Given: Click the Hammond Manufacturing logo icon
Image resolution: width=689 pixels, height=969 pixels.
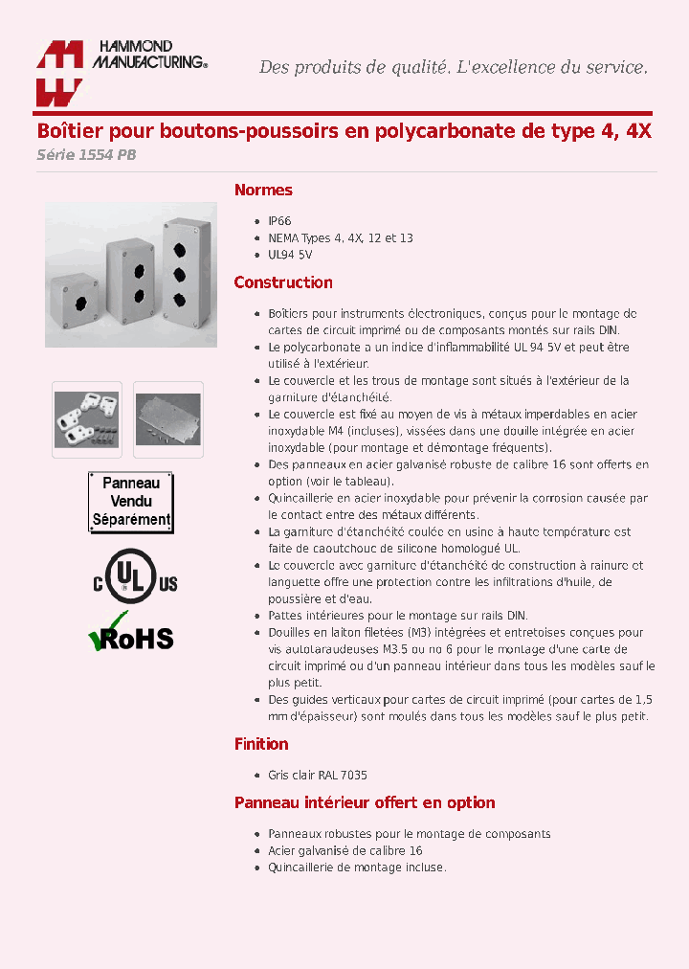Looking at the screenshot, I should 59,74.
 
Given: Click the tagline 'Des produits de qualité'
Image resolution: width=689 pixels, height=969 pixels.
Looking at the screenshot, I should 354,67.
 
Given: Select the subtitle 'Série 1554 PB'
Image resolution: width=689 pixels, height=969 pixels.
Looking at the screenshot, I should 86,155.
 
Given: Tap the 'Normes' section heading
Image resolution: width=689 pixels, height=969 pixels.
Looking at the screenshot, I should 263,191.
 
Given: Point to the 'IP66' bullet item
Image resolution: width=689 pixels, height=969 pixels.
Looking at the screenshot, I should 278,220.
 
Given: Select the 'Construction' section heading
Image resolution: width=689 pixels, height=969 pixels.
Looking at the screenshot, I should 283,282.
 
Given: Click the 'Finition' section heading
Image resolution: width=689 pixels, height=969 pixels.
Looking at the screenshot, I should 261,744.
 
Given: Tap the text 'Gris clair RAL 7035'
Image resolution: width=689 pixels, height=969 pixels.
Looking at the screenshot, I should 317,776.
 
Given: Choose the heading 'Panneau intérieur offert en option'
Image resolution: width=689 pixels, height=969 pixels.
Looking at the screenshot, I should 365,802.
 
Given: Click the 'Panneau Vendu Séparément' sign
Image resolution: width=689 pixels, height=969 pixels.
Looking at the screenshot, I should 131,502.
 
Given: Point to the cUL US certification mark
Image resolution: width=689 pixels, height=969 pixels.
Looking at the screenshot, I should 135,575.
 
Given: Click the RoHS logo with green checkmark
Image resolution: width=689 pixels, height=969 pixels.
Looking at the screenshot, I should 131,633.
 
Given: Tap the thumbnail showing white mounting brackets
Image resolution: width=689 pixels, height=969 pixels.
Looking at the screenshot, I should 87,418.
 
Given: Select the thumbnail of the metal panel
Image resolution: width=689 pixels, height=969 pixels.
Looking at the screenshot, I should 168,418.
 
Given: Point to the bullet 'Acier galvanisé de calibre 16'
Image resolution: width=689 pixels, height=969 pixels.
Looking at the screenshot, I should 344,850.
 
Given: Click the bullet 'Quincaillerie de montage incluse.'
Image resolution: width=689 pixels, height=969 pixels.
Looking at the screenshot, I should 356,868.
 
